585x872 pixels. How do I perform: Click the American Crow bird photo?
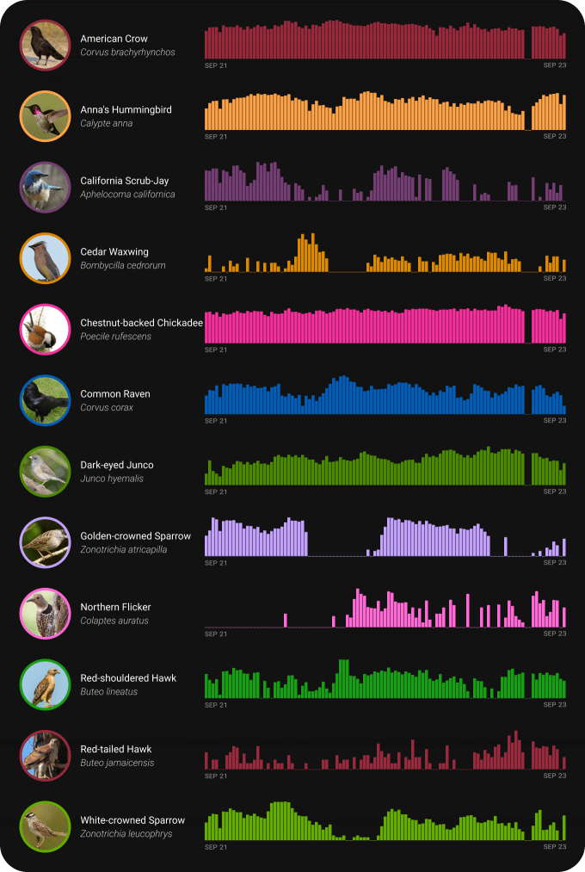(x=45, y=45)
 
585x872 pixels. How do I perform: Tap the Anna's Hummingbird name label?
(x=126, y=110)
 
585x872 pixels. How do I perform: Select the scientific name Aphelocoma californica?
(x=127, y=195)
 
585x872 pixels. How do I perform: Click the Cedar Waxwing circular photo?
(x=45, y=257)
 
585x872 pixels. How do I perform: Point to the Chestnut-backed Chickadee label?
(x=141, y=323)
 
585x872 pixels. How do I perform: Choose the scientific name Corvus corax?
(x=107, y=407)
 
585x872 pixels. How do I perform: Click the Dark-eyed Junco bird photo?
(x=45, y=471)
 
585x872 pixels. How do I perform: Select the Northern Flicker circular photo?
(x=45, y=613)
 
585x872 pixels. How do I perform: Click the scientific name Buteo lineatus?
(x=108, y=691)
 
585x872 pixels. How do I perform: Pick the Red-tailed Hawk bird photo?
(x=45, y=755)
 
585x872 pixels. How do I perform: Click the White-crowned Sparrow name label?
(x=132, y=820)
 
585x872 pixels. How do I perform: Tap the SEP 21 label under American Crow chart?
(x=216, y=65)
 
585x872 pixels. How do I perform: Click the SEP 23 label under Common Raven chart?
(x=555, y=421)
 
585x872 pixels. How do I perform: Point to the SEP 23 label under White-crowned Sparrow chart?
(x=555, y=847)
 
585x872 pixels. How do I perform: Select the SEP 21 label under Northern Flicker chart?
(x=216, y=634)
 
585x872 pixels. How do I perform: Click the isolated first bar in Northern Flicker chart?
(x=286, y=621)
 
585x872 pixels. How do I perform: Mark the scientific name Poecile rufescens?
(x=115, y=337)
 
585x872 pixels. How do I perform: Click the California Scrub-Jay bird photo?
(x=45, y=187)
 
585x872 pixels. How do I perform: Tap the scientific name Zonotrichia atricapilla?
(x=124, y=549)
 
